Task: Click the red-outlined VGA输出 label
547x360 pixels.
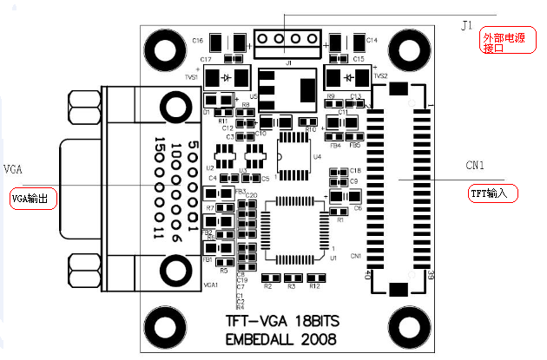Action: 33,199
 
